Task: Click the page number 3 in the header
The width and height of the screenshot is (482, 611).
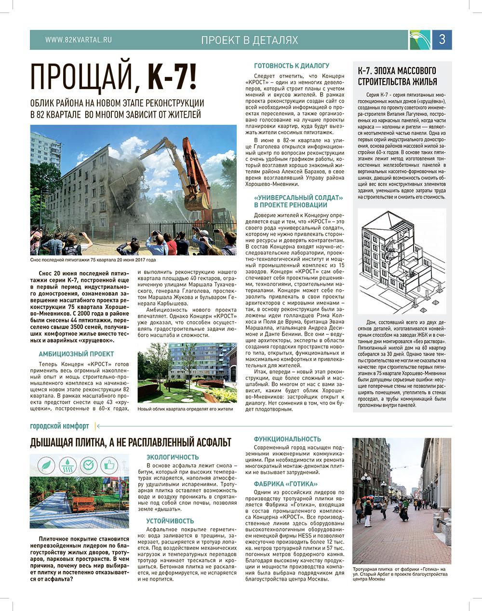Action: (x=442, y=40)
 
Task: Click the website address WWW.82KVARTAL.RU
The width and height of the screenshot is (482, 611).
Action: (x=79, y=40)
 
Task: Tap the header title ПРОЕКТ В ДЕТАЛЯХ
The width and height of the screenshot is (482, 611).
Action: (x=250, y=40)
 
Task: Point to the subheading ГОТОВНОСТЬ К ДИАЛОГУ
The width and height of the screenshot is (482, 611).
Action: (x=292, y=65)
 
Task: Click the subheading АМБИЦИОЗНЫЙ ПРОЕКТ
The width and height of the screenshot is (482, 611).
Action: (x=76, y=353)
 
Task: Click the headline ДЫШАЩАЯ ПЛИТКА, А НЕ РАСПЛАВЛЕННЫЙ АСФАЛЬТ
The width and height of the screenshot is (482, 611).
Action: (x=131, y=442)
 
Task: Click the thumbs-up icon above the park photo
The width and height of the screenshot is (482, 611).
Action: (x=110, y=465)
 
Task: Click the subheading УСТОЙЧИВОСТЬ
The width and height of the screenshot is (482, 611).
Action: (x=170, y=521)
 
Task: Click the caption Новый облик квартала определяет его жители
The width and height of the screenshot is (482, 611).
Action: (x=185, y=409)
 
